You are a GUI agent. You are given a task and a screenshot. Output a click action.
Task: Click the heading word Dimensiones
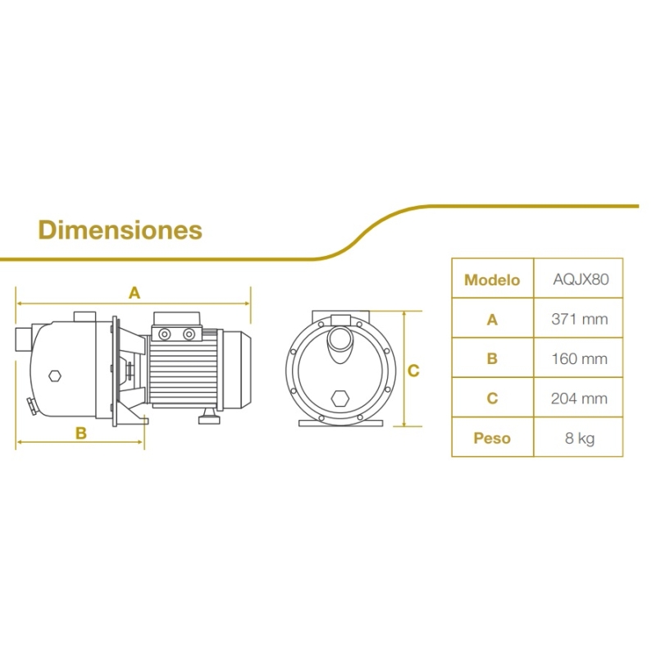click(120, 230)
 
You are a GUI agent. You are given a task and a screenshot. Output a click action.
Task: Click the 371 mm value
click(580, 319)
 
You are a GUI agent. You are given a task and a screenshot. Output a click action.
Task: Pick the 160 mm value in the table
click(580, 358)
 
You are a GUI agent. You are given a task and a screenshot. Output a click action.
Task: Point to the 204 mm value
click(580, 399)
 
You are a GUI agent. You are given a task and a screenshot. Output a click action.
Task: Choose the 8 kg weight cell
click(580, 439)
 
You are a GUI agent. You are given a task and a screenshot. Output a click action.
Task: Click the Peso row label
click(492, 438)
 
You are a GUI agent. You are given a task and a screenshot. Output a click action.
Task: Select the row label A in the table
click(493, 320)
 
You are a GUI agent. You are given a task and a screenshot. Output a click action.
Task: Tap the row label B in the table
click(493, 358)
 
